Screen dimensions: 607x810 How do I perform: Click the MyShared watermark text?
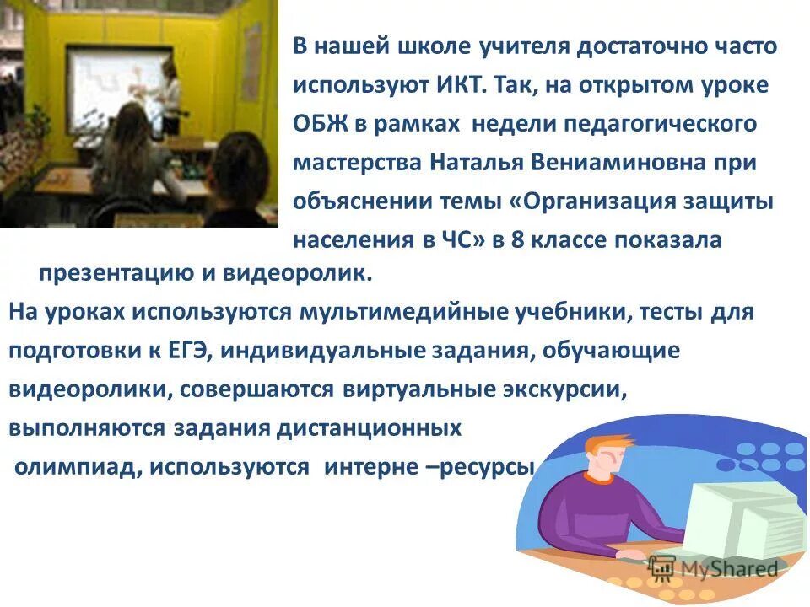point(722,569)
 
